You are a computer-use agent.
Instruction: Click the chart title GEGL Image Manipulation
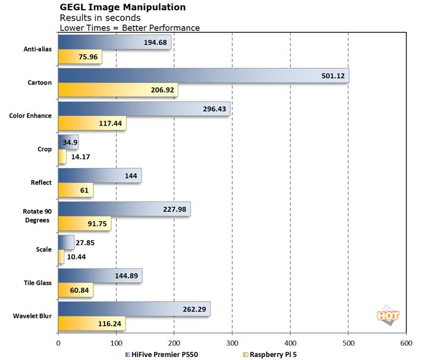[122, 8]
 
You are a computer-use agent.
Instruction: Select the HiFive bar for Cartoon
[202, 76]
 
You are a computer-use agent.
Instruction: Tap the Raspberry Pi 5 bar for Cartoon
[117, 91]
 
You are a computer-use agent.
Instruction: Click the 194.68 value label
[156, 42]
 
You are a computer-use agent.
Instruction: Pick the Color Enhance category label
[31, 116]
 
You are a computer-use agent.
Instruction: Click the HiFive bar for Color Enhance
[143, 109]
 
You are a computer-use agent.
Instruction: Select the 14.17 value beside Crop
[80, 157]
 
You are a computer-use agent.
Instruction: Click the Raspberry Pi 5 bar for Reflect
[76, 191]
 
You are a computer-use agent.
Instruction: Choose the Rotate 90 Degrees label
[37, 216]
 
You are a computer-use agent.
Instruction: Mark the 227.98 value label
[175, 209]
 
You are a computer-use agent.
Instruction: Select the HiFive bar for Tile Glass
[100, 276]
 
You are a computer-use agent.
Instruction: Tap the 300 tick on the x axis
[233, 343]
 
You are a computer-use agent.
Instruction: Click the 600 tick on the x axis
[406, 343]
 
